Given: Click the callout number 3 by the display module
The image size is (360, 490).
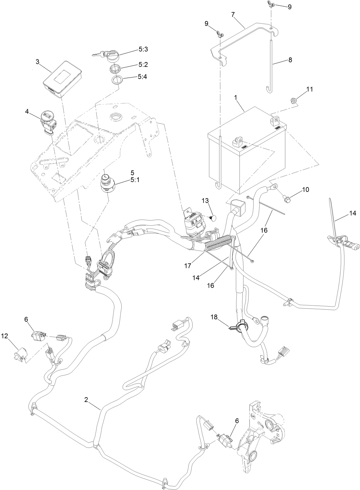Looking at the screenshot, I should tap(37, 62).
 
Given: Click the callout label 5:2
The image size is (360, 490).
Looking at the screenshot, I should tap(143, 64).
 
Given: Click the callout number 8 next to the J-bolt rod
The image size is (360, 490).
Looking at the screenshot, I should tap(290, 60).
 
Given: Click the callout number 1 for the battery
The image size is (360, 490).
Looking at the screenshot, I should tap(236, 97).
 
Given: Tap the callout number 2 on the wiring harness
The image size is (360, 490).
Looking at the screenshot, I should tap(86, 400).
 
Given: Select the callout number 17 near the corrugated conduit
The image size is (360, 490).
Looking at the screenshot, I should tap(187, 265).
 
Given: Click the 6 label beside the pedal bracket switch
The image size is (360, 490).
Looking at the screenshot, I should tap(237, 421).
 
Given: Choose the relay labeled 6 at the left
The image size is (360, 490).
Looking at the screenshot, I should tap(38, 336).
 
